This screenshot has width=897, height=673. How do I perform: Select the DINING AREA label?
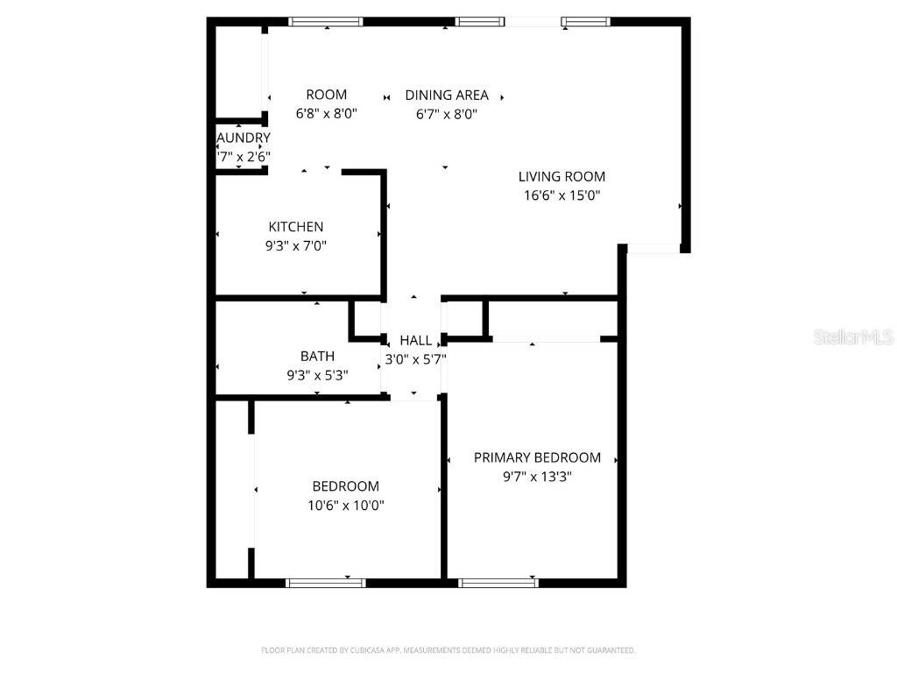(x=446, y=96)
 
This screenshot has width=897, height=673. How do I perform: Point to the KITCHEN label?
(x=296, y=227)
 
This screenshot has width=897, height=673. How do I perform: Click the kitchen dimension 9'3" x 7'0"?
(x=296, y=247)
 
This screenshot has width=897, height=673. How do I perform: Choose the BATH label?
(x=317, y=356)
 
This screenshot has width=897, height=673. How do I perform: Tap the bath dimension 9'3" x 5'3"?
(x=317, y=376)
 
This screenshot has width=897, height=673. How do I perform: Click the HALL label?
(x=415, y=340)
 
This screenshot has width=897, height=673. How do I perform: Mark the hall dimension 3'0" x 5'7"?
(x=416, y=359)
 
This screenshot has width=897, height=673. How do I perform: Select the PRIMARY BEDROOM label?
(x=537, y=457)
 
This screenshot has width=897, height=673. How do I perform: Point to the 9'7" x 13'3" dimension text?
(x=537, y=478)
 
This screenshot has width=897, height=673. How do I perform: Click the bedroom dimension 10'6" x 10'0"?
(x=346, y=506)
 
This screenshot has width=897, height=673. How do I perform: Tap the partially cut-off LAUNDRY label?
(x=244, y=138)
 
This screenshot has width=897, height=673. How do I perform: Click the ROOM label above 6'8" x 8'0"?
(x=326, y=95)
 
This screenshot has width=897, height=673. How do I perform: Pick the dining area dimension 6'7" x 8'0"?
(x=446, y=114)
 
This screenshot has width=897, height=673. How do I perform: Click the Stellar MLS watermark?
(x=852, y=337)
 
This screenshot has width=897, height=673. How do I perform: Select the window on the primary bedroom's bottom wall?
(x=498, y=582)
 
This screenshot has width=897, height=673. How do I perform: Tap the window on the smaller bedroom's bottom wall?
(x=326, y=582)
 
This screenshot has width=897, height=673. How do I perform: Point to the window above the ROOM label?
(x=326, y=22)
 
